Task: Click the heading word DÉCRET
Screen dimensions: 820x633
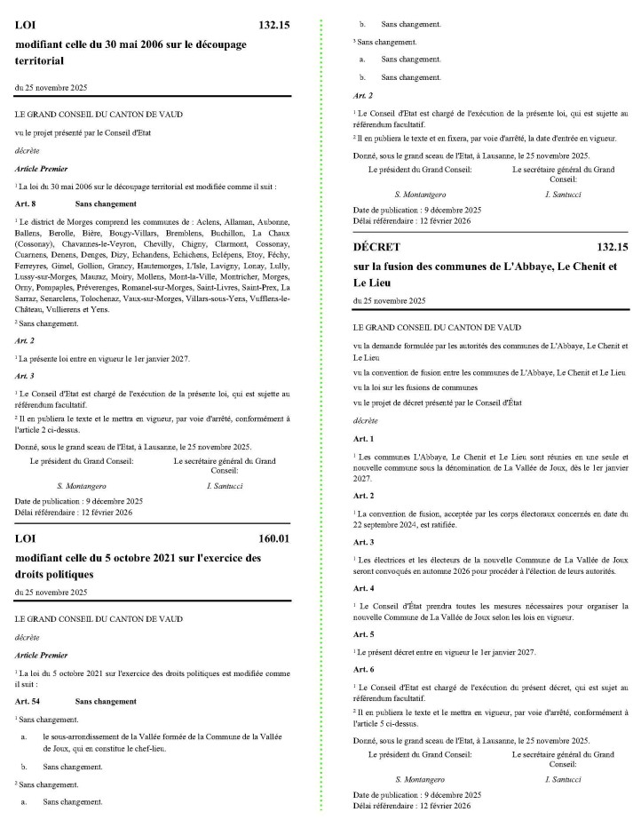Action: [376, 247]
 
